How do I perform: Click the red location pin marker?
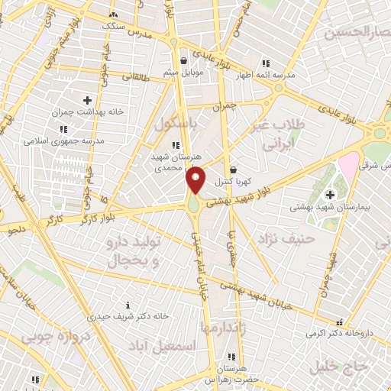(195, 179)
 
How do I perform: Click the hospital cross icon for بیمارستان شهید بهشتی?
(330, 195)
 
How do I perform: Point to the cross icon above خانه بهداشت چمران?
(87, 100)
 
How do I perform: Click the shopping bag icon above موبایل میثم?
(183, 60)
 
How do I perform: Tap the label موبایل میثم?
(182, 73)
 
